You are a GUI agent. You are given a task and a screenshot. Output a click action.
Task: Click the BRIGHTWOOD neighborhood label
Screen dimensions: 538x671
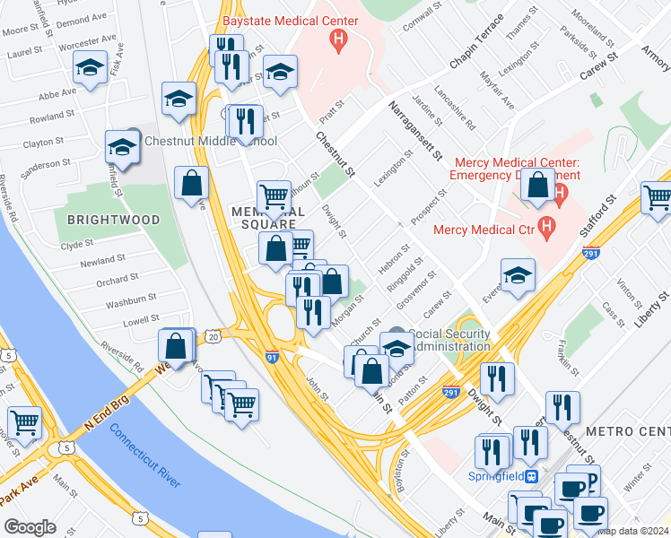[x=113, y=220]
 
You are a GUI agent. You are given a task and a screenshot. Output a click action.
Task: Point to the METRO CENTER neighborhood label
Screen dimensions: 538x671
[x=627, y=432]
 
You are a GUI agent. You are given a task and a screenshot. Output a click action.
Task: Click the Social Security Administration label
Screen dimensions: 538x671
[x=450, y=340]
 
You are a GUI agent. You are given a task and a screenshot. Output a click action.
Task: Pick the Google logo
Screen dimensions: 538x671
[x=30, y=527]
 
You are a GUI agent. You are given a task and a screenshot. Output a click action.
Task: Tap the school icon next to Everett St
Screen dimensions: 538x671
[x=518, y=275]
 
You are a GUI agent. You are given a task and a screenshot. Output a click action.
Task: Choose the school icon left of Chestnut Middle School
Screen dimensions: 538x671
[x=121, y=145]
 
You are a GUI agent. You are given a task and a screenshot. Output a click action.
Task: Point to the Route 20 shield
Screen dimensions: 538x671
[x=212, y=336]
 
